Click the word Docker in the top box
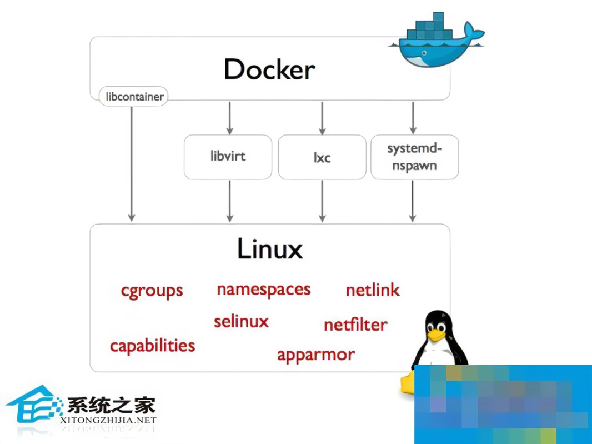click(x=269, y=70)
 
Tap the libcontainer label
click(x=134, y=97)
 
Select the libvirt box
click(x=228, y=156)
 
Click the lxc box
click(x=322, y=157)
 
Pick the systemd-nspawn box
click(x=414, y=157)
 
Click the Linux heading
click(x=270, y=249)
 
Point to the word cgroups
click(x=152, y=291)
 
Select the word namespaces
click(x=263, y=290)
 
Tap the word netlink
click(x=373, y=290)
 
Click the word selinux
click(x=241, y=321)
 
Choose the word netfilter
click(x=355, y=325)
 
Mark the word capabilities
click(x=152, y=346)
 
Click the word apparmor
click(x=315, y=355)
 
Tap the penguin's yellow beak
click(x=436, y=335)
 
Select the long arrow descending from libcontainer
click(x=132, y=164)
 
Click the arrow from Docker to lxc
click(x=322, y=117)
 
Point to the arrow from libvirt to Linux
click(x=229, y=201)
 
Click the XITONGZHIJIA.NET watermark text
click(x=108, y=421)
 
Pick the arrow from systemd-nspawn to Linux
click(x=412, y=201)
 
